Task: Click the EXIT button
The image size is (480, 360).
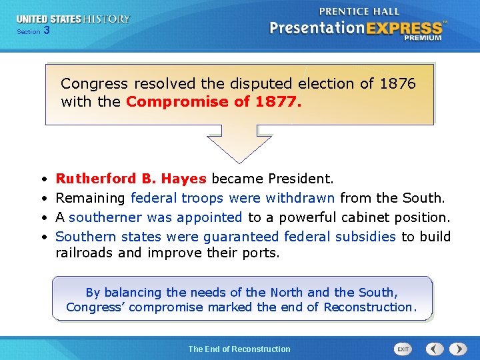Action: (x=403, y=349)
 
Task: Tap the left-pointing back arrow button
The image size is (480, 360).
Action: (x=435, y=349)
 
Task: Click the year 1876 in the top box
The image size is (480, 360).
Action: (x=397, y=84)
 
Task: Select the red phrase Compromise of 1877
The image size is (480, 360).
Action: (x=213, y=102)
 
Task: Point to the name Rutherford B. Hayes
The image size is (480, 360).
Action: (x=131, y=179)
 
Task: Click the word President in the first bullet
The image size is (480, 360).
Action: (x=301, y=179)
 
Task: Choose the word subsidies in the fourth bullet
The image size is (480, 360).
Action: (x=365, y=237)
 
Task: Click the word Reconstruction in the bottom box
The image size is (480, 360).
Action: (x=369, y=307)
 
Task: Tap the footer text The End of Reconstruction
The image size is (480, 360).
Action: (x=239, y=349)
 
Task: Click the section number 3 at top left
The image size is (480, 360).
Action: (x=46, y=31)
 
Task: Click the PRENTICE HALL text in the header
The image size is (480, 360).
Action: (x=360, y=11)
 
